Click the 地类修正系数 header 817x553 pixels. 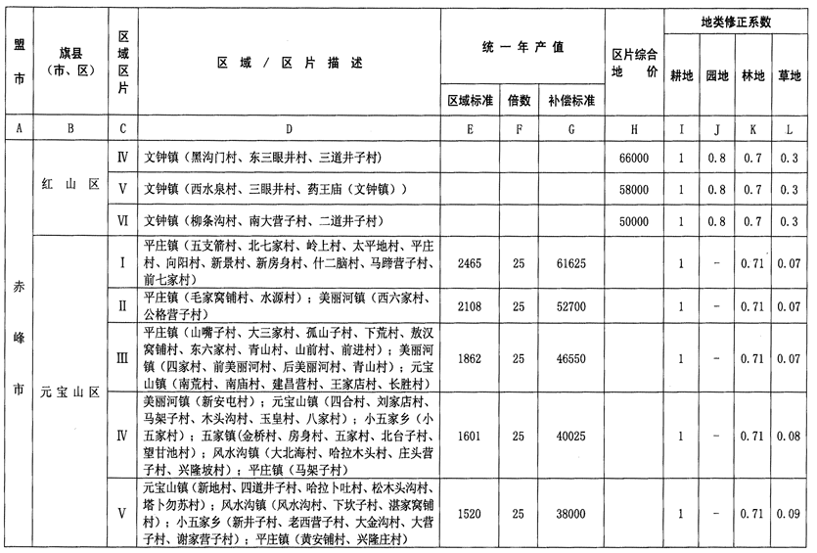click(737, 21)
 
